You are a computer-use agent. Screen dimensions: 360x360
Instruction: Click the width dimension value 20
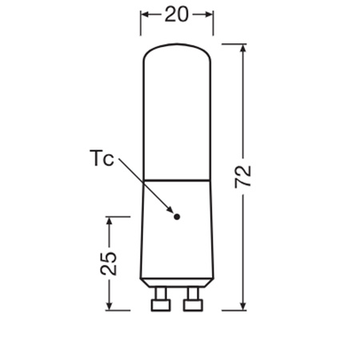tap(177, 14)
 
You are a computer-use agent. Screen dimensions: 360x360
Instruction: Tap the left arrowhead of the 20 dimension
tap(146, 14)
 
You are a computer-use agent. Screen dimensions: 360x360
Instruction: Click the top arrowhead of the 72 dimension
tap(244, 49)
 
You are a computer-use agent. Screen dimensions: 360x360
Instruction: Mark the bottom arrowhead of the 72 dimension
tap(244, 305)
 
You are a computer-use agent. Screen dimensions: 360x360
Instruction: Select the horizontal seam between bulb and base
tap(177, 178)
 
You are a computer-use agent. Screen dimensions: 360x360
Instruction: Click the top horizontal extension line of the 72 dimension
tap(232, 44)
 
